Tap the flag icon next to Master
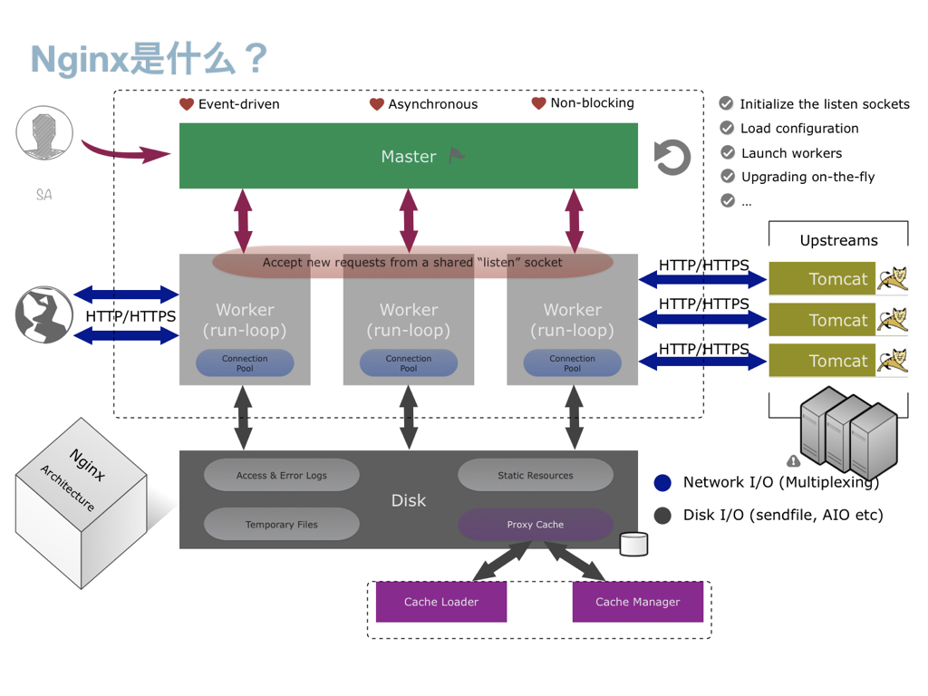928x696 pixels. click(457, 156)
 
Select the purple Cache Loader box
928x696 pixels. click(441, 602)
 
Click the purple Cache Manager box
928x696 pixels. click(638, 602)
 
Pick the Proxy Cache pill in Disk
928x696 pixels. click(536, 524)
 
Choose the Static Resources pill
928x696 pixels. click(536, 475)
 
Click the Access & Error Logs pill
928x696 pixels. click(282, 475)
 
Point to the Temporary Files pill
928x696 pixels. click(282, 524)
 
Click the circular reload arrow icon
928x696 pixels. click(672, 158)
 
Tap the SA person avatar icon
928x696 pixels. click(44, 135)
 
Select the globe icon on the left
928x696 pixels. click(43, 315)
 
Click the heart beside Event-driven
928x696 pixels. click(187, 104)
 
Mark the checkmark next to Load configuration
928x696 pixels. click(727, 128)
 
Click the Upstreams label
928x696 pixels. click(838, 240)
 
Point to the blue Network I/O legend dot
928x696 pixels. click(662, 482)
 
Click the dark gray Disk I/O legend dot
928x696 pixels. click(662, 515)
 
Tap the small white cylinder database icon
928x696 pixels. click(633, 544)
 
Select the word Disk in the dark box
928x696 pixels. click(408, 500)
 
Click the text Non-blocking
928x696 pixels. click(592, 103)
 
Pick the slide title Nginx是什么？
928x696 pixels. click(150, 58)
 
